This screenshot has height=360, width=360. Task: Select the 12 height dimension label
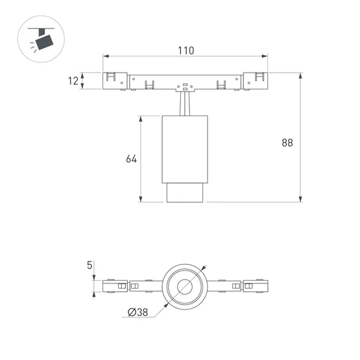click(x=73, y=80)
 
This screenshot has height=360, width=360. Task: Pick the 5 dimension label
click(x=89, y=265)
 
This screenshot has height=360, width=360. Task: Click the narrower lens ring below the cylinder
click(x=186, y=193)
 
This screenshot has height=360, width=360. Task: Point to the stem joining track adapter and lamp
click(x=186, y=104)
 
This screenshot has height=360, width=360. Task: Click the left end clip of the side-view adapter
click(x=114, y=80)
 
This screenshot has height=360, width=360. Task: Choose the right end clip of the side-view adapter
click(x=257, y=80)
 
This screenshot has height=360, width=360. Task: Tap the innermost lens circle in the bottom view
click(x=185, y=286)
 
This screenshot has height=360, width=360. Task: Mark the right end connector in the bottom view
click(x=256, y=286)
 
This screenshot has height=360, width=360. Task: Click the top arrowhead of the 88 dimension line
click(x=300, y=74)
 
